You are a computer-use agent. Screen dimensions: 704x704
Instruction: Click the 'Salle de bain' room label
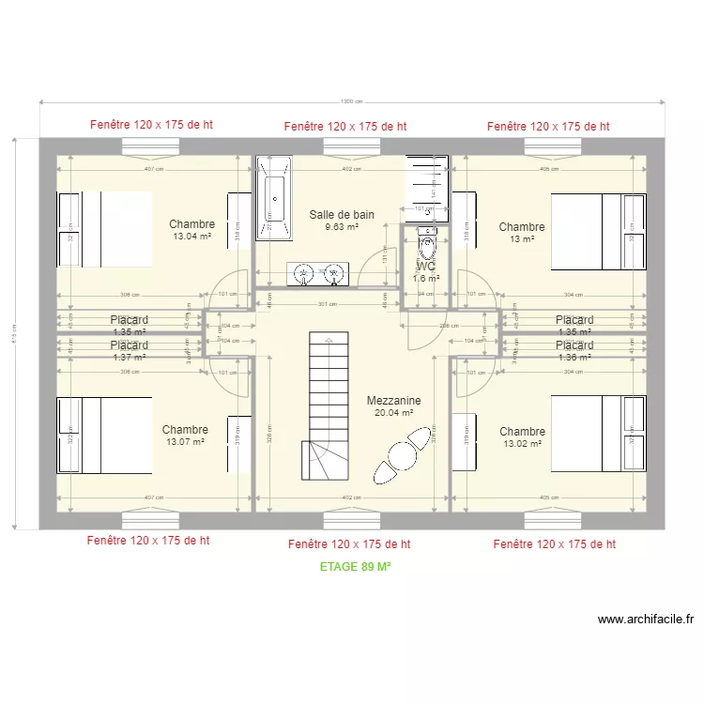click(342, 215)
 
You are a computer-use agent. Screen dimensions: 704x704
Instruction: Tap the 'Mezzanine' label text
click(393, 400)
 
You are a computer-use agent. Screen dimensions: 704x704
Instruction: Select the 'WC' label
click(426, 266)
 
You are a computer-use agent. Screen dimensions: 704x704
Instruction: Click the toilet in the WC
click(427, 246)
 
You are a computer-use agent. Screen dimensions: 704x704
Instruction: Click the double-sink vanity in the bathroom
click(317, 274)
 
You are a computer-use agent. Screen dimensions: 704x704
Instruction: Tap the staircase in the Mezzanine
click(326, 404)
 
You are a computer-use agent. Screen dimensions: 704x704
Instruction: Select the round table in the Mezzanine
click(402, 455)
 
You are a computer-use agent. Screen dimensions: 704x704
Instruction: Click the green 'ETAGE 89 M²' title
click(355, 567)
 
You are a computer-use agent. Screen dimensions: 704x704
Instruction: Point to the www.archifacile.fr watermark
click(645, 620)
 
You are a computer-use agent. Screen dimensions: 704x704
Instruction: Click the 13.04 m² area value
click(191, 237)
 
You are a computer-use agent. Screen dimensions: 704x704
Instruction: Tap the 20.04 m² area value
click(394, 412)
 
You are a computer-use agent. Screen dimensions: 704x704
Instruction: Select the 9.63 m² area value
click(342, 227)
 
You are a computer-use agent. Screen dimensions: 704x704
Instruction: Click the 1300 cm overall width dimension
click(352, 101)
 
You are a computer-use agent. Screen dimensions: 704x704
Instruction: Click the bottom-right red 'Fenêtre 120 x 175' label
click(554, 543)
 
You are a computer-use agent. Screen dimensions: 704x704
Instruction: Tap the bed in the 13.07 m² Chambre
click(104, 435)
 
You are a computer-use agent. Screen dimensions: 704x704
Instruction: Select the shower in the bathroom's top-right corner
click(427, 188)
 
